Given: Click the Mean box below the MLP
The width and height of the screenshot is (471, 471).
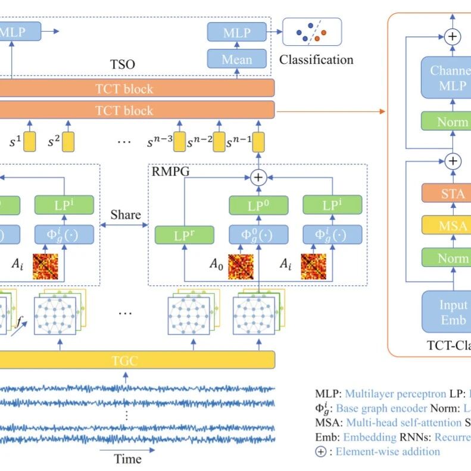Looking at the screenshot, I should pyautogui.click(x=236, y=60).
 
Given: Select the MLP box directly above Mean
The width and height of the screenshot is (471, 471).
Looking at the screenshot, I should pyautogui.click(x=236, y=32).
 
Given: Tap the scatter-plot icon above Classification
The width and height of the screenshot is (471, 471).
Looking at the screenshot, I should pyautogui.click(x=312, y=32).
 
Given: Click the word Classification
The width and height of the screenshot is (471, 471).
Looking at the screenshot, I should pyautogui.click(x=316, y=60).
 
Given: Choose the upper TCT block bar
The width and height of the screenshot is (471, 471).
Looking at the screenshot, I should pyautogui.click(x=124, y=89).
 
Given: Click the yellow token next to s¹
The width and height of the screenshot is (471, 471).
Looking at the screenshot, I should pyautogui.click(x=30, y=142).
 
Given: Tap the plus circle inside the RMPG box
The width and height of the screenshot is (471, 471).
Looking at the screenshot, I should pyautogui.click(x=258, y=177).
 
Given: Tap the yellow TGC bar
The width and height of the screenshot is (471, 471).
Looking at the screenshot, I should pyautogui.click(x=124, y=360).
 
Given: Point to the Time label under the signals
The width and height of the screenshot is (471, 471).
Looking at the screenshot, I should pyautogui.click(x=127, y=458).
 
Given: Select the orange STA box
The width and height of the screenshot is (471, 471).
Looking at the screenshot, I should pyautogui.click(x=453, y=194).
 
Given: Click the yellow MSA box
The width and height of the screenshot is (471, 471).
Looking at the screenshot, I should pyautogui.click(x=453, y=226).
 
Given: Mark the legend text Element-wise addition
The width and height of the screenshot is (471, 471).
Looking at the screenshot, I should pyautogui.click(x=388, y=451).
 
